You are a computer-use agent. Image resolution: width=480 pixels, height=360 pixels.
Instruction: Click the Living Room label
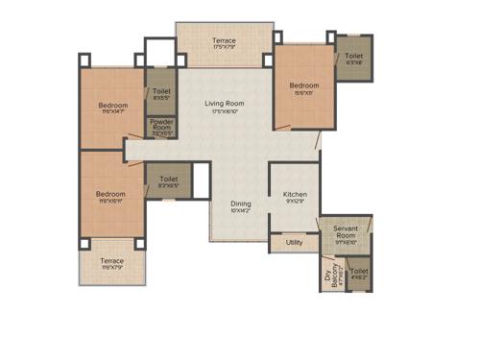(x=224, y=104)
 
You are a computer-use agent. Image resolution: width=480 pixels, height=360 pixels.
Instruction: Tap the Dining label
(x=241, y=204)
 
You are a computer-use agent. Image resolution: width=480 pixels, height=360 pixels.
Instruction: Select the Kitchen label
(x=295, y=195)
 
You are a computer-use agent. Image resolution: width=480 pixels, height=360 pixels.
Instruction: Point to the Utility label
(x=295, y=243)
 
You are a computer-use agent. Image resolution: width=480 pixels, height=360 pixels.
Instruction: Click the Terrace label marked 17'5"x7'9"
(x=224, y=41)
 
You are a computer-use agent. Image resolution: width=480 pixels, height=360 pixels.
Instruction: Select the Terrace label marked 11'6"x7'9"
(x=112, y=261)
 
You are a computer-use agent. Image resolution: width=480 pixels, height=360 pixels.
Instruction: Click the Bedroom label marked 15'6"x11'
(x=304, y=86)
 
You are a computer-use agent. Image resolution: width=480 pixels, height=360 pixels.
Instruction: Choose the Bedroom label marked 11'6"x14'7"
(x=112, y=106)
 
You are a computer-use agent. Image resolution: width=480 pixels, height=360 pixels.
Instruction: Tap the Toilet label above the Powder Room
(x=161, y=91)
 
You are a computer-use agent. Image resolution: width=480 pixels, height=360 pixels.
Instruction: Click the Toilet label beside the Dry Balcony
(x=358, y=273)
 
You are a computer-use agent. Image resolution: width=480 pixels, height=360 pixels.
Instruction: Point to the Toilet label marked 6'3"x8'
(x=353, y=57)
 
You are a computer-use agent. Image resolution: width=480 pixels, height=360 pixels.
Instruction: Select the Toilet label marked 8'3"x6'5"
(x=169, y=179)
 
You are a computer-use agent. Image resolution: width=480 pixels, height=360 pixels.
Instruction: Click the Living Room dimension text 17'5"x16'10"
(x=224, y=111)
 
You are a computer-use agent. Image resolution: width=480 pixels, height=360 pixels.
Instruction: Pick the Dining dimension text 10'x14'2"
(x=241, y=211)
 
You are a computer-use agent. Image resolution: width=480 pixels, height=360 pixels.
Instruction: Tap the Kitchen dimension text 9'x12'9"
(x=295, y=203)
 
